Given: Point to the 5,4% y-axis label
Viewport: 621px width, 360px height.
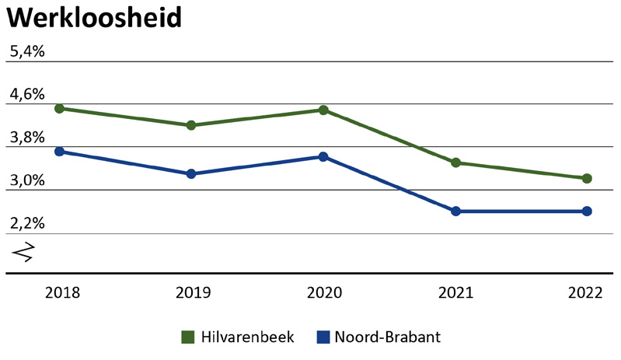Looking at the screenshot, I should (x=27, y=52).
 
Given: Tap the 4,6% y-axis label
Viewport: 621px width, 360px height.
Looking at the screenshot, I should (x=27, y=95).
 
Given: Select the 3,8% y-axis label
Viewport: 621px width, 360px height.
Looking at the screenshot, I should (x=27, y=138).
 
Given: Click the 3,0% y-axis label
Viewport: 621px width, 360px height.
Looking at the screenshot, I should (x=27, y=180).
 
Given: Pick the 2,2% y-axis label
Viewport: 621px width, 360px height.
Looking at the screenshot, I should (x=27, y=223).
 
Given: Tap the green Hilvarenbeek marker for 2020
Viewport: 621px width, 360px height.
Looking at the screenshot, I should (x=324, y=110).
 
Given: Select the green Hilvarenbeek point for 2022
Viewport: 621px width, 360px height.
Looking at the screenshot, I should (x=587, y=178).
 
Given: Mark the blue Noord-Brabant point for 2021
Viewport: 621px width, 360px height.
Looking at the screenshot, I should (x=455, y=211).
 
